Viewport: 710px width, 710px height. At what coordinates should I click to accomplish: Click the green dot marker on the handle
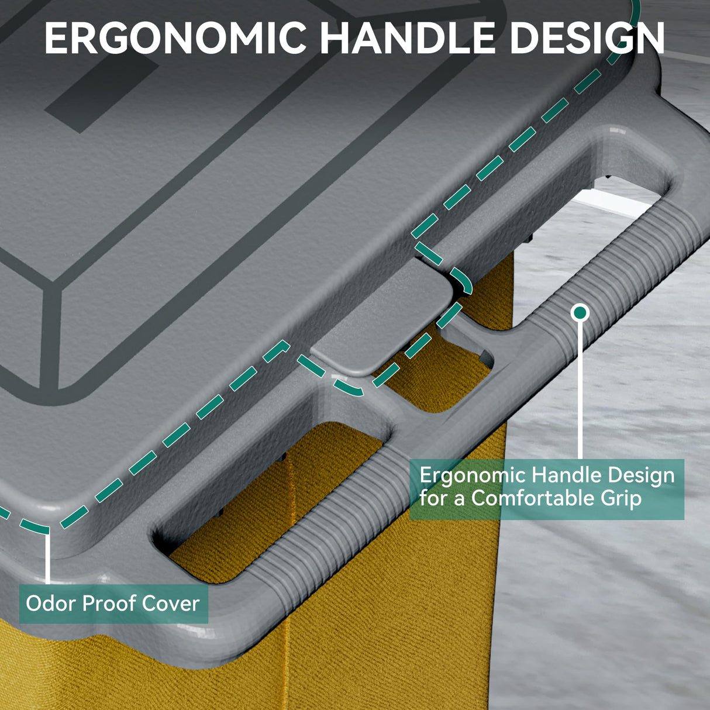pyautogui.click(x=580, y=313)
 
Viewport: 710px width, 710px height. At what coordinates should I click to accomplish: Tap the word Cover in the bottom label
pyautogui.click(x=170, y=604)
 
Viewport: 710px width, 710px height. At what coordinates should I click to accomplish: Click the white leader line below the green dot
pyautogui.click(x=580, y=391)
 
